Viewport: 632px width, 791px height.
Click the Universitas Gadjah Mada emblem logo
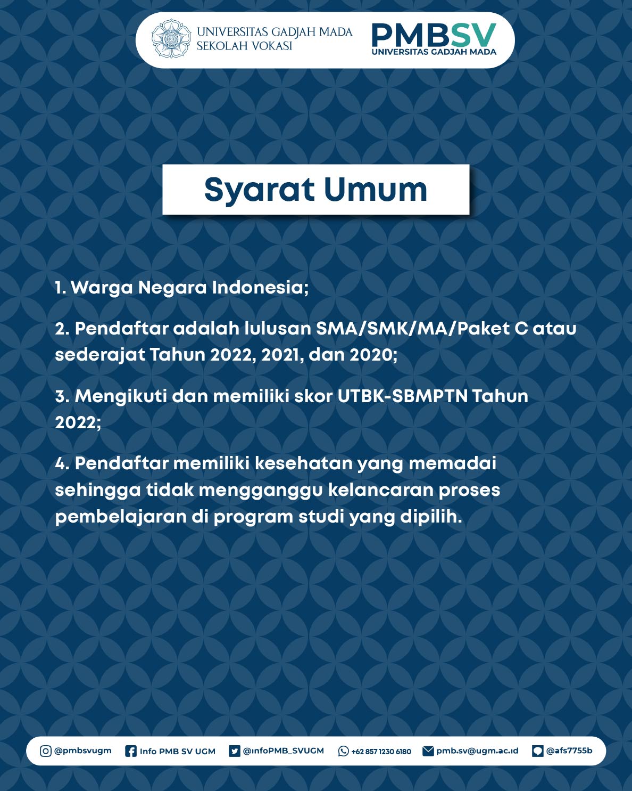pos(171,39)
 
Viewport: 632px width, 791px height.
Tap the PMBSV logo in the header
pos(434,38)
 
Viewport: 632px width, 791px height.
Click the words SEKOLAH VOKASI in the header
pos(244,46)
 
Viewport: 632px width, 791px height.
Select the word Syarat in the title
pos(259,190)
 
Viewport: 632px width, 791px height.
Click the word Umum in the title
pos(375,190)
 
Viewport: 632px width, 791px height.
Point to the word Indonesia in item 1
pos(260,288)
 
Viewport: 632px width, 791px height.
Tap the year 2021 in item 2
pos(282,355)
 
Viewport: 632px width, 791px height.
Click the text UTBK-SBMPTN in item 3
pos(402,396)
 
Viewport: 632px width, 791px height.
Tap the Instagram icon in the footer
pos(46,751)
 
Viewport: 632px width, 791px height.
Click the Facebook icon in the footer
pos(130,751)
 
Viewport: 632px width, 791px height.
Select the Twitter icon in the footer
pos(234,751)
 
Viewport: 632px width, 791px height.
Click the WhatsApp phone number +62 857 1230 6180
pos(381,752)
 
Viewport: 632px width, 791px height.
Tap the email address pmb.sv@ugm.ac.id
pos(477,751)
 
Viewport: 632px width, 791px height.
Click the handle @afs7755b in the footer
pos(569,751)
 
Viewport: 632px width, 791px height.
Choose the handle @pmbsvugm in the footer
pos(83,751)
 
